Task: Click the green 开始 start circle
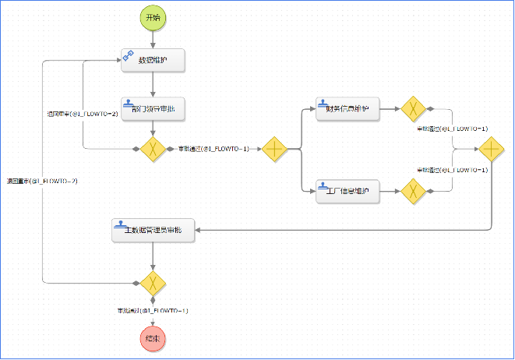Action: tap(153, 17)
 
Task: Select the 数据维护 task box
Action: tap(153, 60)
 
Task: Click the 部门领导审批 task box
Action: tap(153, 110)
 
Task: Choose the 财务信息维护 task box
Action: tap(347, 110)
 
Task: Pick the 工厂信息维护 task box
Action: tap(347, 191)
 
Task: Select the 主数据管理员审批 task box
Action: tap(153, 231)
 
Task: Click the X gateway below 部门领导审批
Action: tap(153, 148)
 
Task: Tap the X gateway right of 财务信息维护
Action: tap(412, 110)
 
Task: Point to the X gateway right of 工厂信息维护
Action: tap(412, 191)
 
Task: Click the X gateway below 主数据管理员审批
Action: tap(153, 281)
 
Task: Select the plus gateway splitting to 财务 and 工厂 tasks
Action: tap(276, 148)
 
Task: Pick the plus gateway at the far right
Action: tap(491, 148)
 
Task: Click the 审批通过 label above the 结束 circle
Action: tap(153, 310)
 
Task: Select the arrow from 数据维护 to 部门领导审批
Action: tap(153, 84)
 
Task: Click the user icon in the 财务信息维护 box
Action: tap(323, 103)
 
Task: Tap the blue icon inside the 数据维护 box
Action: tap(129, 55)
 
